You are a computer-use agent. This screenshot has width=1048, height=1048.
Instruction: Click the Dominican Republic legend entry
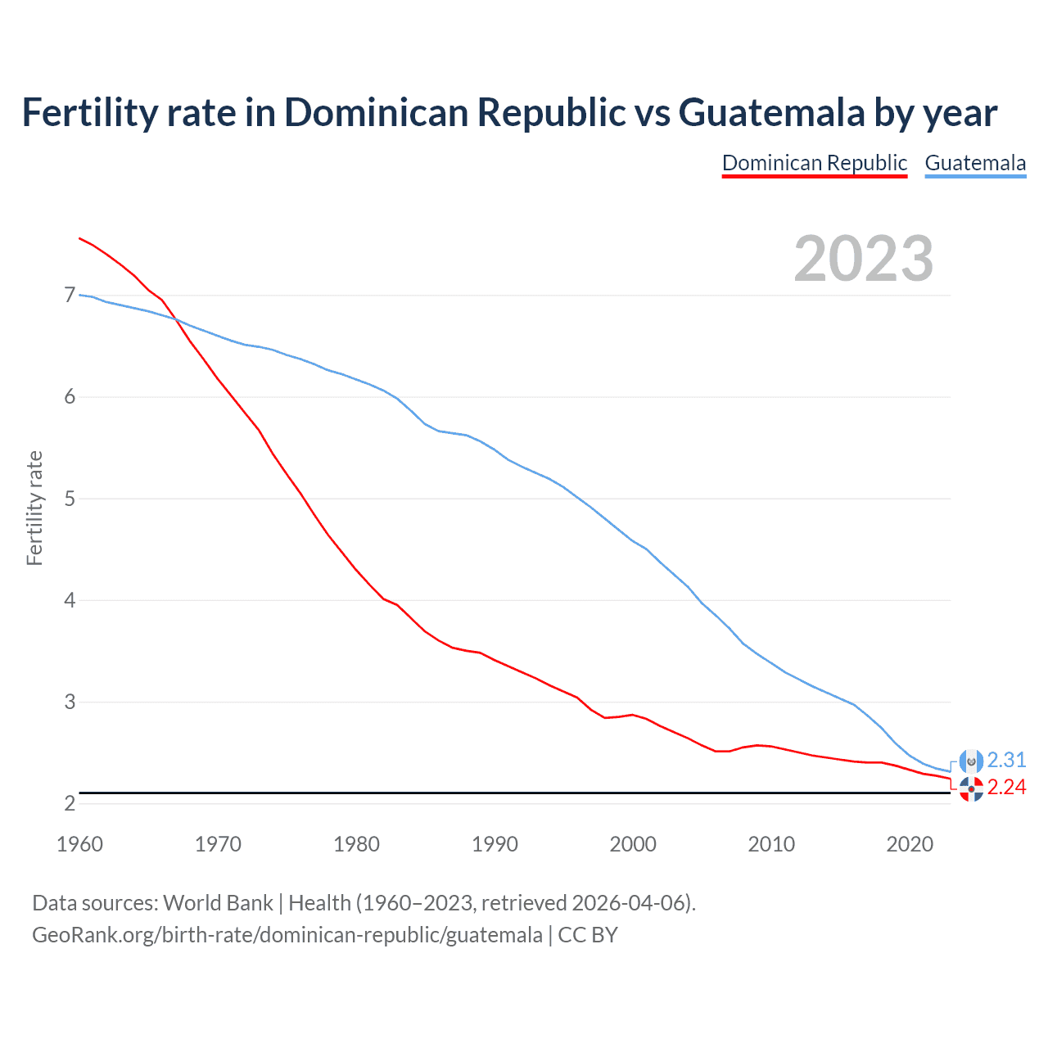coord(815,163)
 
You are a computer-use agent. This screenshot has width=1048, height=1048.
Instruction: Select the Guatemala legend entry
coord(975,163)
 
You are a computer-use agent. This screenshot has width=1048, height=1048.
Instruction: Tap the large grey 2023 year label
coord(864,259)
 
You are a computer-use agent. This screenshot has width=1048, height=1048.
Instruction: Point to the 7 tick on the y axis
coord(70,295)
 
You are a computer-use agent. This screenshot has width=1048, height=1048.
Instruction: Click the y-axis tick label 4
coord(70,600)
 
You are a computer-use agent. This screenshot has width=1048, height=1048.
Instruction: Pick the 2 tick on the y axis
coord(70,803)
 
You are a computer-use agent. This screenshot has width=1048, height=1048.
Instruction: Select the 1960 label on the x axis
coord(79,844)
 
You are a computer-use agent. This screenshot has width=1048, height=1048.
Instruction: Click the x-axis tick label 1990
coord(495,844)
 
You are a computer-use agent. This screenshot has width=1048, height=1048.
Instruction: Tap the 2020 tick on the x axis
coord(910,844)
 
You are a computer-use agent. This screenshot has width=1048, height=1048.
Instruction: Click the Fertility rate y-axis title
coord(34,508)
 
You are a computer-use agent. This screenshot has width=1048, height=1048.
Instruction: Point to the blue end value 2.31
coord(1006,760)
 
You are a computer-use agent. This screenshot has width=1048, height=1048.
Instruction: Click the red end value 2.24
coord(1006,787)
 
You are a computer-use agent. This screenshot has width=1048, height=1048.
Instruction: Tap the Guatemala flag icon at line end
coord(971,761)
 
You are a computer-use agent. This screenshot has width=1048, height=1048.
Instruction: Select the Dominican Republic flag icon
coord(971,789)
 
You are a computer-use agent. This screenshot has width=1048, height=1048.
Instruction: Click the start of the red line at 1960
coord(79,238)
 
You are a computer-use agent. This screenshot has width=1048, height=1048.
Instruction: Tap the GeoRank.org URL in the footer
coord(287,934)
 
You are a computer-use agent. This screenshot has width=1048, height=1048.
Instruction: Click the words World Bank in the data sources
coord(218,902)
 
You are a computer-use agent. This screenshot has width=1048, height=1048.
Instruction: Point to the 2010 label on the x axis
coord(771,844)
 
